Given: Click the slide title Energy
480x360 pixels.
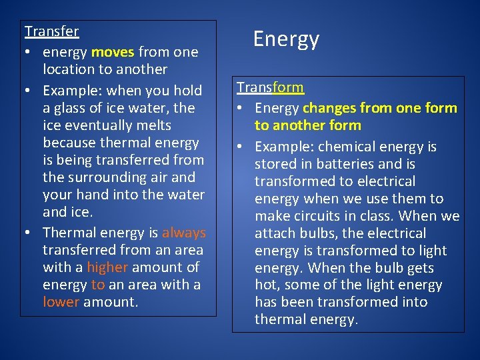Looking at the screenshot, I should pyautogui.click(x=286, y=39).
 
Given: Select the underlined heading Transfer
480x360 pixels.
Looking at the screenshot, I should pyautogui.click(x=51, y=31).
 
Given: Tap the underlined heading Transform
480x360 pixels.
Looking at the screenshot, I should pyautogui.click(x=270, y=87).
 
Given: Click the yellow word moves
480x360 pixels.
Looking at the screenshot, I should pyautogui.click(x=113, y=51).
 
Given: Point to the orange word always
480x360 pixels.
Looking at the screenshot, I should pyautogui.click(x=184, y=233).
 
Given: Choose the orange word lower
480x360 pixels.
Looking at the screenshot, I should pyautogui.click(x=61, y=302).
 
